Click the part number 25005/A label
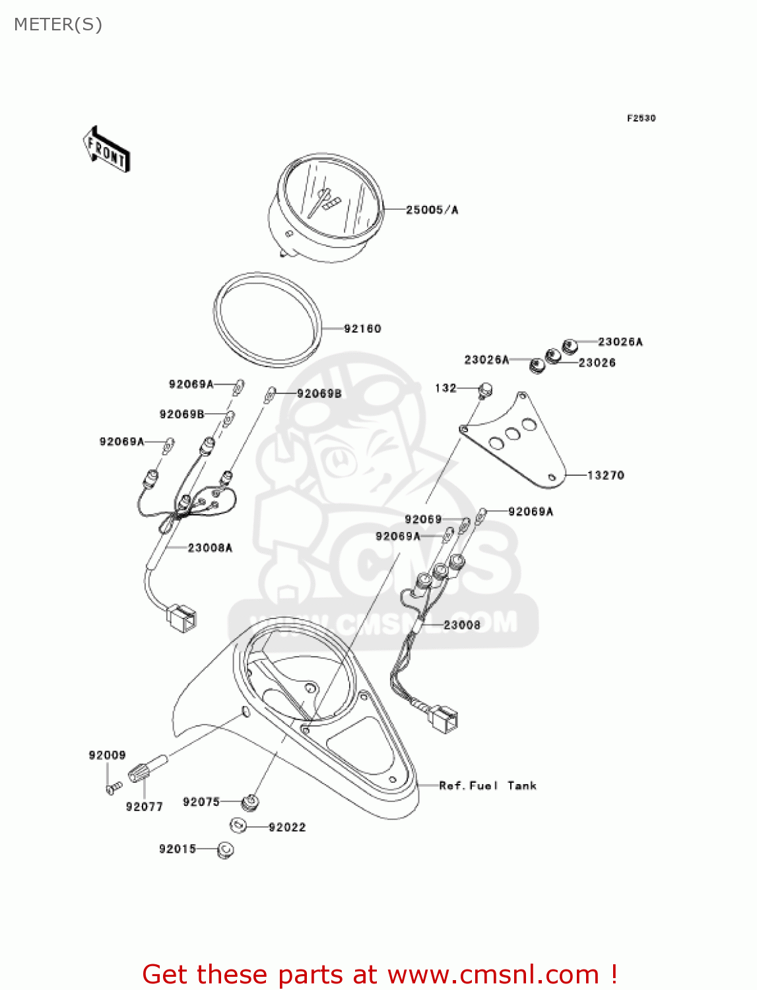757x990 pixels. pos(432,210)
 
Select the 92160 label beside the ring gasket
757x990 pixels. pos(362,329)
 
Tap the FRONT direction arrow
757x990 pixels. pos(106,150)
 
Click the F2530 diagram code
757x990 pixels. pos(641,118)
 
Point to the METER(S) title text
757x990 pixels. pos(58,24)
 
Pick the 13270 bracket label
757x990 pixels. pos(605,475)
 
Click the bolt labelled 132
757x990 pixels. pos(484,390)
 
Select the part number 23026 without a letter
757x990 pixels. pos(597,363)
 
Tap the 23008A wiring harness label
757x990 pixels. pos(210,548)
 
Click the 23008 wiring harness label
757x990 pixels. pos(462,625)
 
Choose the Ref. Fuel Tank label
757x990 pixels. pos(488,785)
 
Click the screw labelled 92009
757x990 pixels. pos(114,787)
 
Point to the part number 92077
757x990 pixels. pos(144,807)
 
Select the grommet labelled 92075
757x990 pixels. pos(250,803)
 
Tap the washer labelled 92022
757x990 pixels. pos(238,825)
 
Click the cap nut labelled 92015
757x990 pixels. pos(226,850)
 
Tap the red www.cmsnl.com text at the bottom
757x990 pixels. pos(493,975)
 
